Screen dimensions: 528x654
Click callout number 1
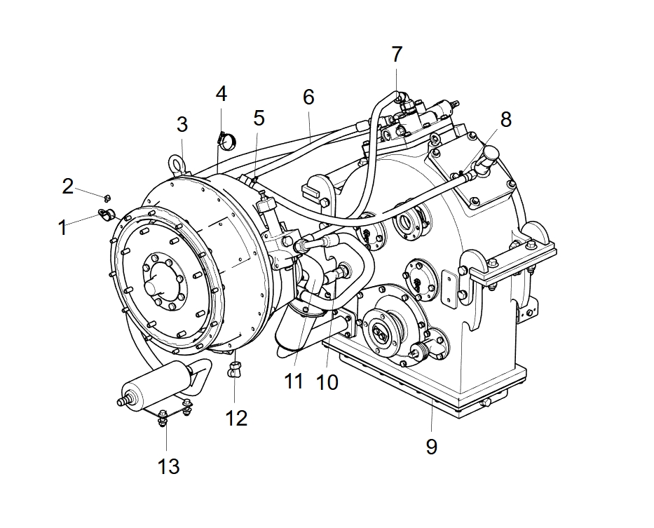62,227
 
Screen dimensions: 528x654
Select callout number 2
67,187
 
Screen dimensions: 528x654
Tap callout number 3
182,125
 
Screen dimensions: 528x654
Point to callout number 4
222,93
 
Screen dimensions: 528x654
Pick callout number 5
259,119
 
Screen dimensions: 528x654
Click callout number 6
308,97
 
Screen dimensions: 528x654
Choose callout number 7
397,54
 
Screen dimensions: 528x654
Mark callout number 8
505,119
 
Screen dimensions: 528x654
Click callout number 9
432,446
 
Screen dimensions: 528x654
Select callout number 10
327,382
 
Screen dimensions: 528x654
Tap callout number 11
293,382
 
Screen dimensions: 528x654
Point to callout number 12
236,419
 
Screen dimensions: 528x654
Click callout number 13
168,466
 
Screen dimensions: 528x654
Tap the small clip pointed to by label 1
106,215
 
